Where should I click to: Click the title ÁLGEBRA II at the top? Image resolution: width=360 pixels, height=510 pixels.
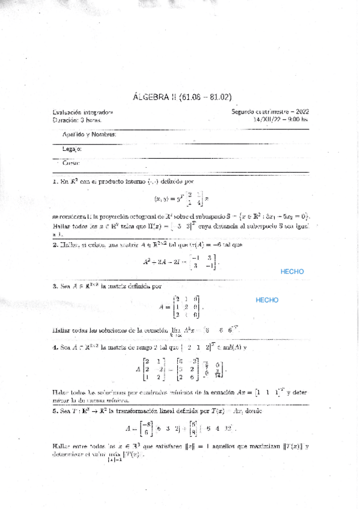(157, 96)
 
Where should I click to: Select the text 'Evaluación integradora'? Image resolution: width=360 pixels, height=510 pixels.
(83, 112)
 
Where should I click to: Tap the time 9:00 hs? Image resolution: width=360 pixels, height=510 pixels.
(296, 119)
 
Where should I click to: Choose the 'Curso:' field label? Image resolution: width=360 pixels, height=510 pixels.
(70, 163)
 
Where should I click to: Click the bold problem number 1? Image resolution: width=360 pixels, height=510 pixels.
(55, 180)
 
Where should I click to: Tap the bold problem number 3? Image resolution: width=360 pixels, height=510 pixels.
(55, 287)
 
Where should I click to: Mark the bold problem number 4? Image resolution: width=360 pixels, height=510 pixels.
(55, 348)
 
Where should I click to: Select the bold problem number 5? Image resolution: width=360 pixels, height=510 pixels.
(55, 412)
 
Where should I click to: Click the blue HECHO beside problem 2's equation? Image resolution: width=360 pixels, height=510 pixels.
(292, 271)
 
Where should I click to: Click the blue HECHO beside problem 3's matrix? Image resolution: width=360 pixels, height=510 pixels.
(267, 300)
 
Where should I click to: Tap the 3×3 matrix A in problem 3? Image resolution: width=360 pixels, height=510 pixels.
(187, 307)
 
